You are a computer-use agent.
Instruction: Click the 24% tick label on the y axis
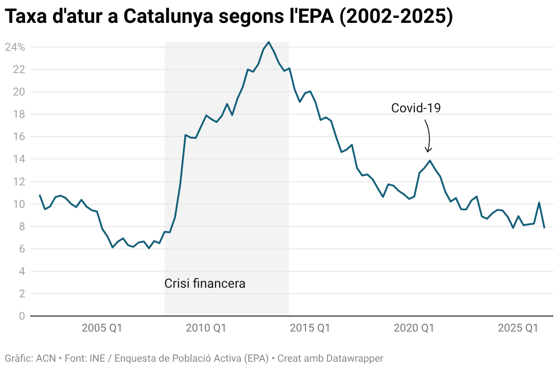pyautogui.click(x=15, y=47)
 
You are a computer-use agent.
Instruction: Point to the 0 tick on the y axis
pyautogui.click(x=22, y=316)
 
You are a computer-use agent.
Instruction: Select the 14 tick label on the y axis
pyautogui.click(x=19, y=159)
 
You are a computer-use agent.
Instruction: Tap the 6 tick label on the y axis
pyautogui.click(x=22, y=249)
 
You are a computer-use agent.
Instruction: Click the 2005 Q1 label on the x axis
pyautogui.click(x=102, y=328)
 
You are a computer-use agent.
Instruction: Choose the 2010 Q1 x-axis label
pyautogui.click(x=206, y=328)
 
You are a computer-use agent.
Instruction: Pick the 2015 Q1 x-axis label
pyautogui.click(x=310, y=328)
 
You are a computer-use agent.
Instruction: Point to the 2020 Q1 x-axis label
pyautogui.click(x=414, y=328)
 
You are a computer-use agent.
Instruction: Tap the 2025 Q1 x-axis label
pyautogui.click(x=518, y=328)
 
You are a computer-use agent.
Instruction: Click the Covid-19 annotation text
pyautogui.click(x=416, y=108)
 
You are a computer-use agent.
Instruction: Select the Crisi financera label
pyautogui.click(x=205, y=284)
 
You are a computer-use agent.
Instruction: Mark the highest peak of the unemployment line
pyautogui.click(x=268, y=42)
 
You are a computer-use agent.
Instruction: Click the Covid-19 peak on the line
pyautogui.click(x=430, y=161)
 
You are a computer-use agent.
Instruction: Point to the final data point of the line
pyautogui.click(x=544, y=227)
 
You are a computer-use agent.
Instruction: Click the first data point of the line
pyautogui.click(x=40, y=195)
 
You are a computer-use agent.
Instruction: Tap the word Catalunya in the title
pyautogui.click(x=168, y=16)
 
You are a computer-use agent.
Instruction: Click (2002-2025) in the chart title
pyautogui.click(x=397, y=16)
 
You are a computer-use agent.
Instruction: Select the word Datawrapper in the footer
pyautogui.click(x=354, y=358)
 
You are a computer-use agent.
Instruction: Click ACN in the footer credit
pyautogui.click(x=46, y=358)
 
